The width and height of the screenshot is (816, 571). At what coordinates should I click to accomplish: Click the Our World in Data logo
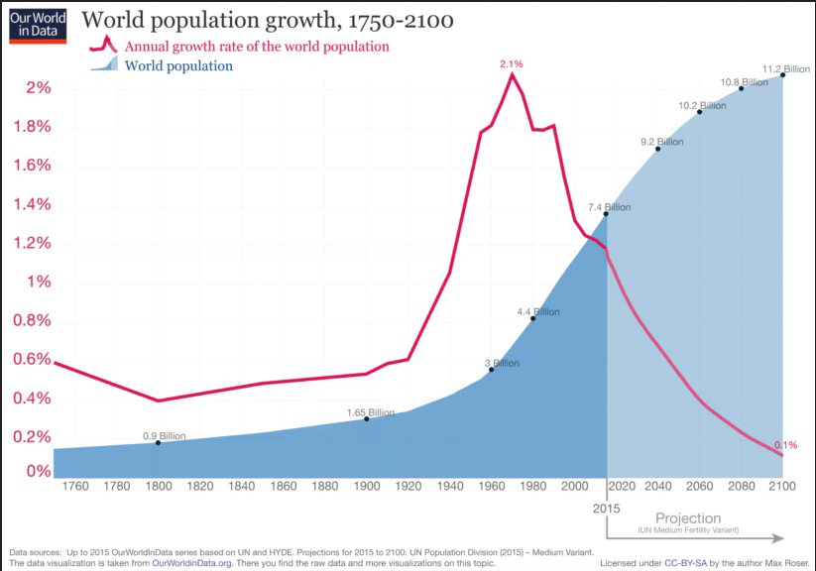coord(38,25)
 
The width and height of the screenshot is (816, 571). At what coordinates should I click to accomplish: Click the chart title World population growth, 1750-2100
coord(267,20)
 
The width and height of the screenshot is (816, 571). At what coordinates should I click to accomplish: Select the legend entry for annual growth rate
coord(256,47)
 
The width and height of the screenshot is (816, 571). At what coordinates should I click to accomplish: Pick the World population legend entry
coord(178,66)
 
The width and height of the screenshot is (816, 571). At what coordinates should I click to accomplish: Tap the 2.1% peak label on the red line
coord(511,63)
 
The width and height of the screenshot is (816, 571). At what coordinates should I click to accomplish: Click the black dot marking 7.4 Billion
coord(606,214)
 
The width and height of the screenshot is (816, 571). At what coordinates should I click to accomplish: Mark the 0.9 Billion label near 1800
coord(165,436)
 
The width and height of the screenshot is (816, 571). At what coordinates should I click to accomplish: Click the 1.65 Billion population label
coord(371,412)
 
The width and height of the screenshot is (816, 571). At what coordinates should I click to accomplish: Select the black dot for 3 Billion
coord(491,370)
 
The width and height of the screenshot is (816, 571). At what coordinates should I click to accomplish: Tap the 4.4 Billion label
coord(538,312)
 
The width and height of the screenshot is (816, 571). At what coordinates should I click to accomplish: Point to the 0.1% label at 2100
coord(785,445)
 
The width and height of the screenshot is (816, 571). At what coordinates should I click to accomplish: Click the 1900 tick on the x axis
coord(367,487)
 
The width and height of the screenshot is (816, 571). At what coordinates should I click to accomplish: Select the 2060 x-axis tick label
coord(700,487)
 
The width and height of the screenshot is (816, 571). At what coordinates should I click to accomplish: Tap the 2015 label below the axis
coord(607,508)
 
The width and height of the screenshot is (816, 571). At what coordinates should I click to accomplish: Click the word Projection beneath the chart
coord(688,518)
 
